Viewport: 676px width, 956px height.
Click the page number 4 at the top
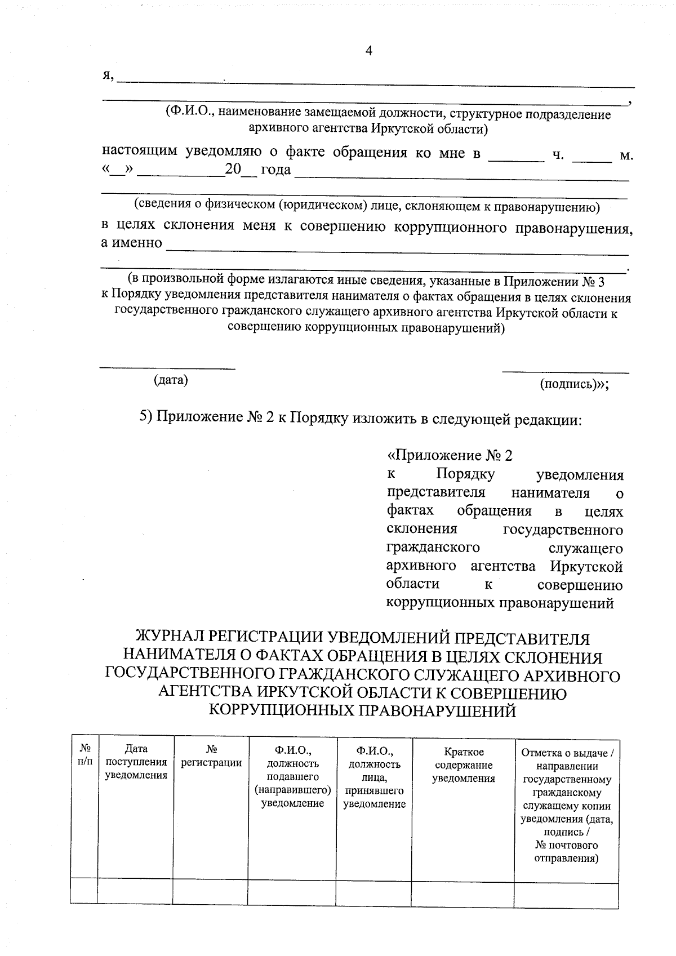pyautogui.click(x=369, y=51)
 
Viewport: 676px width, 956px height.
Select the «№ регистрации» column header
pyautogui.click(x=211, y=756)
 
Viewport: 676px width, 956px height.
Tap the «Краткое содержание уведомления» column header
pyautogui.click(x=463, y=765)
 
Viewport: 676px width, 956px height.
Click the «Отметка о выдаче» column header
pyautogui.click(x=567, y=806)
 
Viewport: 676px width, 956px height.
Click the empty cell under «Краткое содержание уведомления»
pyautogui.click(x=463, y=891)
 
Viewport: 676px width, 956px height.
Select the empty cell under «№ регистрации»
pyautogui.click(x=210, y=891)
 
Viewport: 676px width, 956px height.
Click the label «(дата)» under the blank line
pyautogui.click(x=171, y=380)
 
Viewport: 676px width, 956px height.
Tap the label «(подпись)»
pyautogui.click(x=573, y=385)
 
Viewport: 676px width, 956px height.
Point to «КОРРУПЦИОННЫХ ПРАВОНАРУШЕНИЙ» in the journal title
pyautogui.click(x=362, y=711)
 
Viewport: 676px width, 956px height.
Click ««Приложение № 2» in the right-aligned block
pyautogui.click(x=450, y=455)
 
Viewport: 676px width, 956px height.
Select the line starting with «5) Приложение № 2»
pyautogui.click(x=361, y=419)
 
